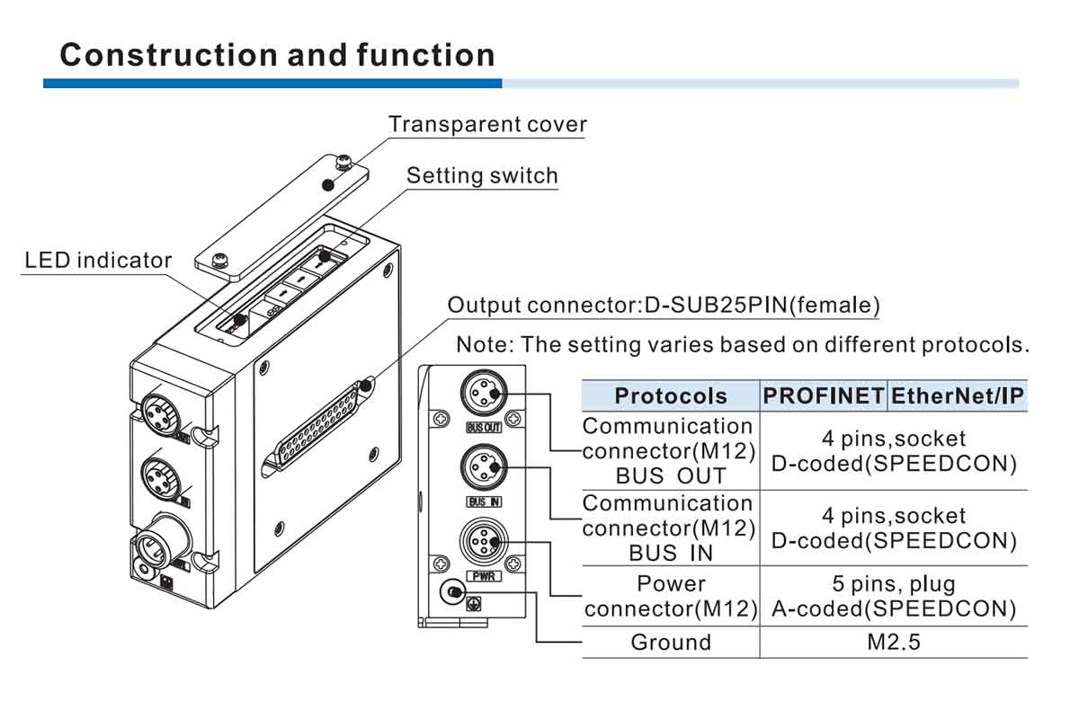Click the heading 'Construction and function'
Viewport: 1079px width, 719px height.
click(277, 55)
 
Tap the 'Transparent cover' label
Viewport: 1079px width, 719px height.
click(487, 124)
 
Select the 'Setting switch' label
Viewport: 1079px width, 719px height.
click(482, 175)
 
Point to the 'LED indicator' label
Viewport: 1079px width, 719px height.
click(98, 261)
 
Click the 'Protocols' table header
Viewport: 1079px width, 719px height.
click(670, 396)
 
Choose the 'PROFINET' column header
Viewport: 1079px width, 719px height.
click(823, 396)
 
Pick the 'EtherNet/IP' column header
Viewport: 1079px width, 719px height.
click(958, 396)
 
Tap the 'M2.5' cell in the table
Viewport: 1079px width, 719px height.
click(893, 642)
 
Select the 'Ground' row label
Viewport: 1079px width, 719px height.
click(670, 642)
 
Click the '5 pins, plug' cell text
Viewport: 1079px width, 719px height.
click(894, 584)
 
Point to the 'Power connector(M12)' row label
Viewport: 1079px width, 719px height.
click(670, 596)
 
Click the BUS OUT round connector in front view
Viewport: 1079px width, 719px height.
click(484, 394)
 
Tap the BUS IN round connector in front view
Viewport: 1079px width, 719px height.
click(484, 467)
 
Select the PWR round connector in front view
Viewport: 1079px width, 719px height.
click(484, 542)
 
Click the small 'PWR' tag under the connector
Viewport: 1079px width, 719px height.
click(483, 576)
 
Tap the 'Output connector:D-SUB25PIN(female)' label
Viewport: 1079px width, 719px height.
click(663, 305)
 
